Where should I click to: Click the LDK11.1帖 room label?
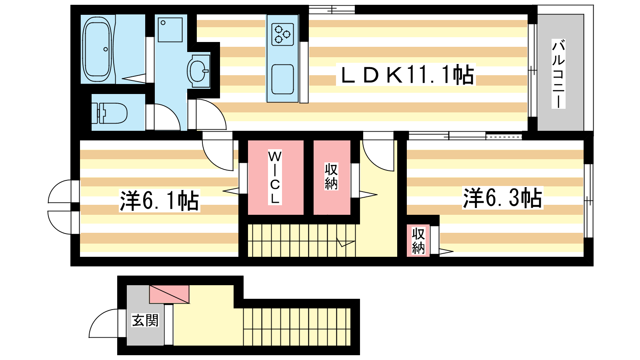click(406, 74)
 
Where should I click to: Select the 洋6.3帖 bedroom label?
click(502, 198)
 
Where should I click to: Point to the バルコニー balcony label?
click(558, 74)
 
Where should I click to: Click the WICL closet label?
click(274, 177)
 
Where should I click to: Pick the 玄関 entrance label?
click(145, 320)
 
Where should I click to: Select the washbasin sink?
click(198, 70)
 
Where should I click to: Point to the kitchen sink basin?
click(282, 79)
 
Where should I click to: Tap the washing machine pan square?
click(170, 30)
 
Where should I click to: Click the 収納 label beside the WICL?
click(331, 176)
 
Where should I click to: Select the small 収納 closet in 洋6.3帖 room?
click(418, 240)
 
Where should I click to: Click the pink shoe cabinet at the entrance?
click(169, 294)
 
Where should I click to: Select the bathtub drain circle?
click(106, 49)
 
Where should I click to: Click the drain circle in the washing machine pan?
click(163, 23)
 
